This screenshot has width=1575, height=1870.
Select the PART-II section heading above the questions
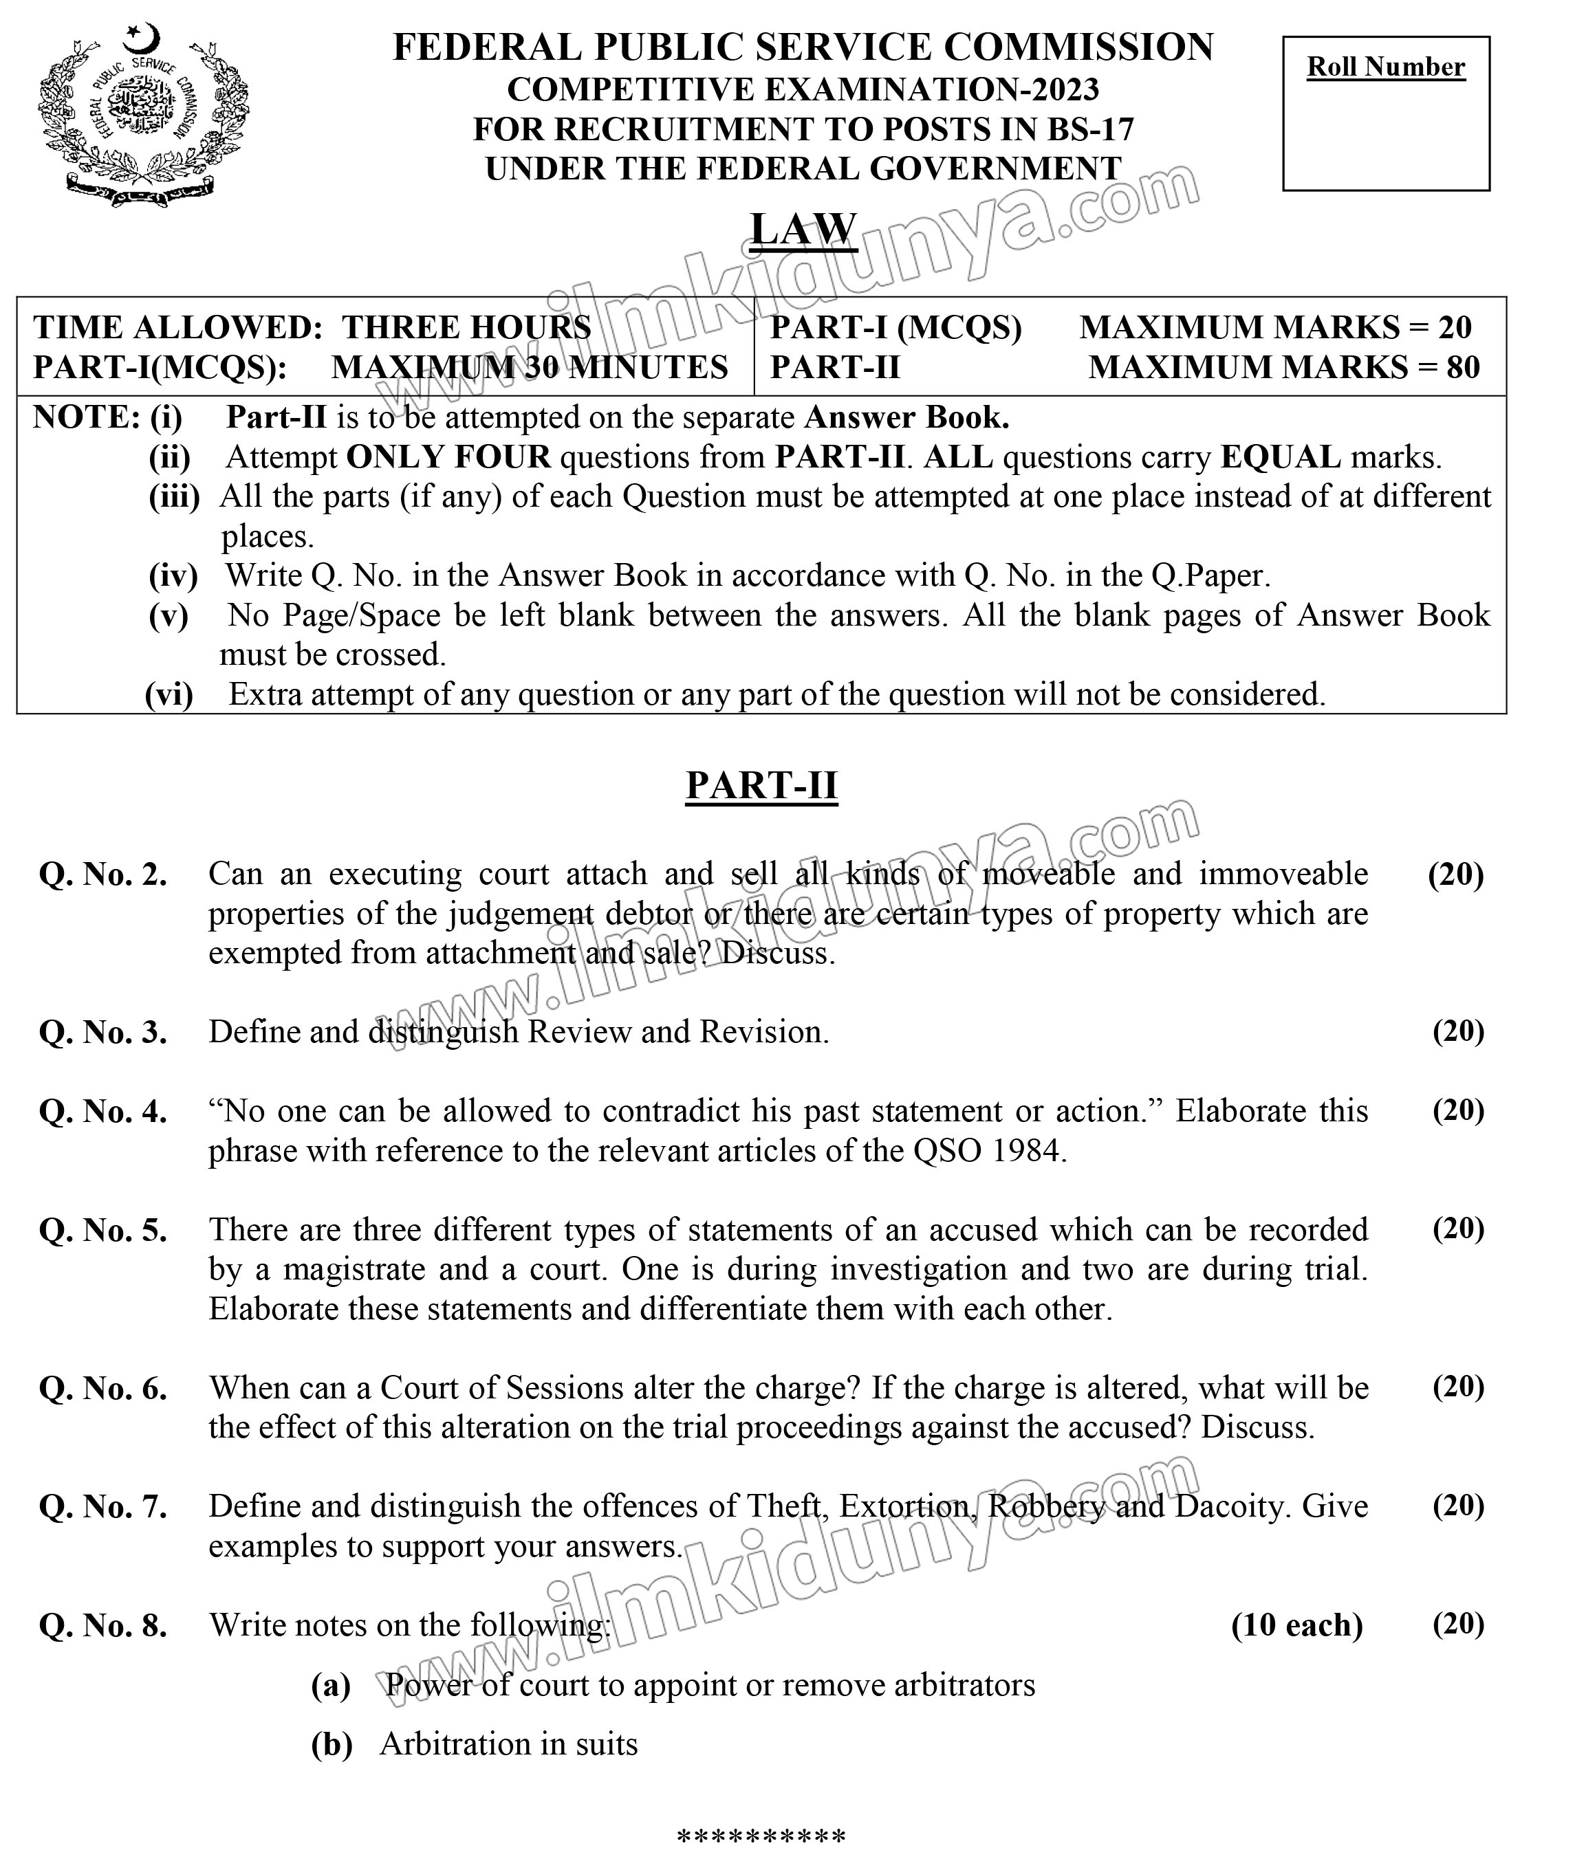point(761,786)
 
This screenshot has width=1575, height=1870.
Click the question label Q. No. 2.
point(102,874)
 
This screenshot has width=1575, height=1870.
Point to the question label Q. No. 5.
point(102,1231)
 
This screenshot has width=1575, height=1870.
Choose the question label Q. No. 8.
point(102,1625)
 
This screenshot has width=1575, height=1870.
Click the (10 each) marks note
point(1296,1625)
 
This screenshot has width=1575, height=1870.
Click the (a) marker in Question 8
point(330,1685)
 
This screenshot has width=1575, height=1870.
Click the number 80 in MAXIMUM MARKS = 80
point(1462,367)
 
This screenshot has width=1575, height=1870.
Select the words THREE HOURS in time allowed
point(466,327)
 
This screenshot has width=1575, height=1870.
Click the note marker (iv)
point(173,575)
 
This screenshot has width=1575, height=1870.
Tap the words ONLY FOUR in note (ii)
point(448,457)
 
